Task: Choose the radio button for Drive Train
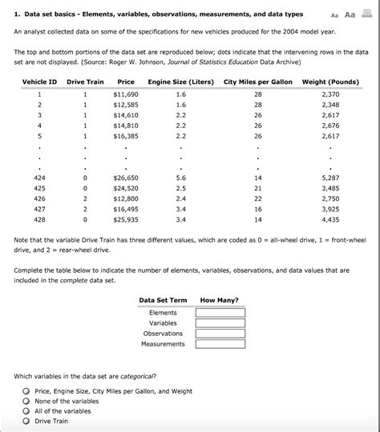tap(26, 422)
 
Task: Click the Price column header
tap(126, 82)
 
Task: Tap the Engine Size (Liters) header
tap(180, 82)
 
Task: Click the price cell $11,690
tap(127, 94)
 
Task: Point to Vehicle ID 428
tap(38, 218)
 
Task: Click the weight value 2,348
tap(336, 105)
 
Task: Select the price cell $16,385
tap(127, 136)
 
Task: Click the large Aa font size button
tap(350, 14)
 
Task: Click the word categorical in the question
tap(138, 376)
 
